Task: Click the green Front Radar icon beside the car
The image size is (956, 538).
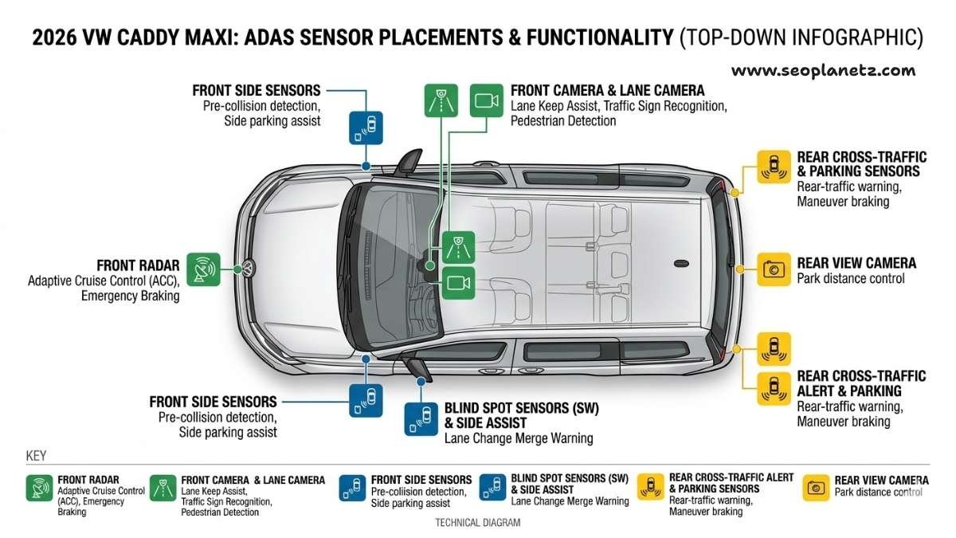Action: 203,269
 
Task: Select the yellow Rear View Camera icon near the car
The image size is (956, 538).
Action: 773,269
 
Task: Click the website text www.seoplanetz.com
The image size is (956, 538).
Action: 823,70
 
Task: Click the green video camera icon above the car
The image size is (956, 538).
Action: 486,100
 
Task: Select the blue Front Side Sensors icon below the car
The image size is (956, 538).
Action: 366,400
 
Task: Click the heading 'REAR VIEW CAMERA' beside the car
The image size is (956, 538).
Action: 856,263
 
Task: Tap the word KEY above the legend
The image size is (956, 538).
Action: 36,456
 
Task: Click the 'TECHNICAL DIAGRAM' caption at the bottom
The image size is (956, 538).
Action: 477,523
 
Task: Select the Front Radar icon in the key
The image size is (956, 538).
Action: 39,488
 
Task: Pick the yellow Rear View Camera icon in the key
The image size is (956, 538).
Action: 816,488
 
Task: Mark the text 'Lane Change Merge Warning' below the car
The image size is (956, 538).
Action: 518,438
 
